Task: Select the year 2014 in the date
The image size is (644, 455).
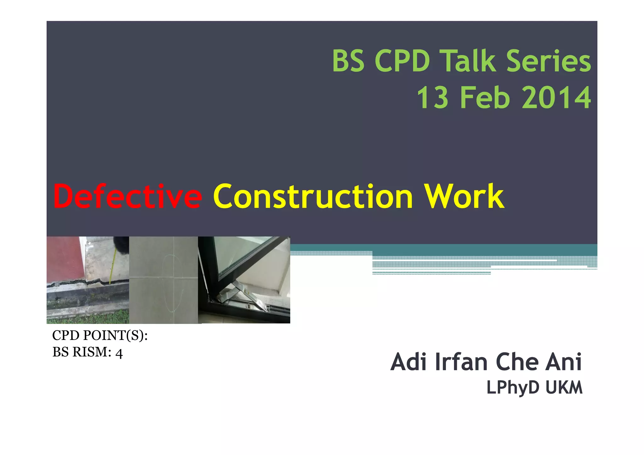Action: coord(556,98)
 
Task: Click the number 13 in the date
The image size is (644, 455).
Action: coord(433,98)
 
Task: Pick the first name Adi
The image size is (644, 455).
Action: coord(408,362)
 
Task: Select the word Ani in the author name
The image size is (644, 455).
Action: coord(564,362)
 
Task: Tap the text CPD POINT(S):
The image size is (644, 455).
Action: coord(100,336)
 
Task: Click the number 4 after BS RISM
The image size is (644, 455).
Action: coord(119,353)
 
